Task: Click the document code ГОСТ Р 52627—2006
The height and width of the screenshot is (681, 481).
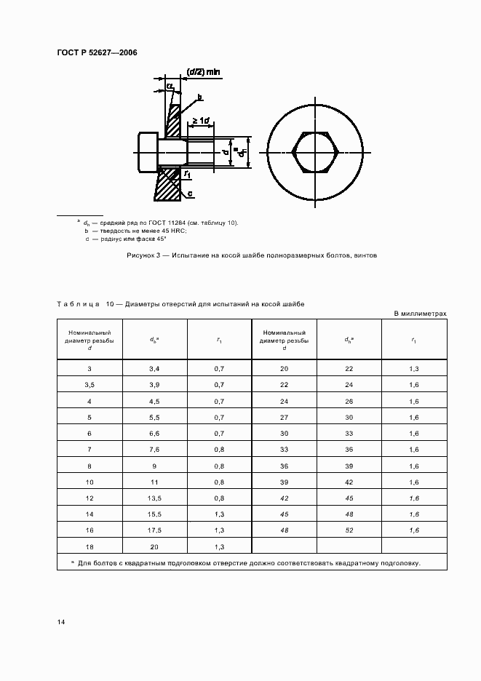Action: click(x=97, y=52)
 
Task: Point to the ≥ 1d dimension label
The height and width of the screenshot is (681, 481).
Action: click(x=200, y=121)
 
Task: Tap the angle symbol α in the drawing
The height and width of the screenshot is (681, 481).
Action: click(x=170, y=86)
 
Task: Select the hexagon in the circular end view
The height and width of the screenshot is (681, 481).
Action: click(x=314, y=153)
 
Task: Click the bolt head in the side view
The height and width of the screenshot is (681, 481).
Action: click(x=147, y=153)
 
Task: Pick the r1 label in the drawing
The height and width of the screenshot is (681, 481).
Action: click(x=187, y=175)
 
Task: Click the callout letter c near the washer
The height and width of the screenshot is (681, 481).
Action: click(x=189, y=194)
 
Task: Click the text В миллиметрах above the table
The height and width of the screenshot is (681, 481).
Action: click(x=420, y=313)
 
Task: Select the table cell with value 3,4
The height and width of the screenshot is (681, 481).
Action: click(x=154, y=370)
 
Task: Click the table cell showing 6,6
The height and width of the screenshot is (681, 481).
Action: click(x=154, y=433)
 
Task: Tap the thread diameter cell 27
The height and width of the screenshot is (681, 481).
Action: click(x=284, y=417)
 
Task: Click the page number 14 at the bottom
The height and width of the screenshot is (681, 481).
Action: click(x=61, y=622)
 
